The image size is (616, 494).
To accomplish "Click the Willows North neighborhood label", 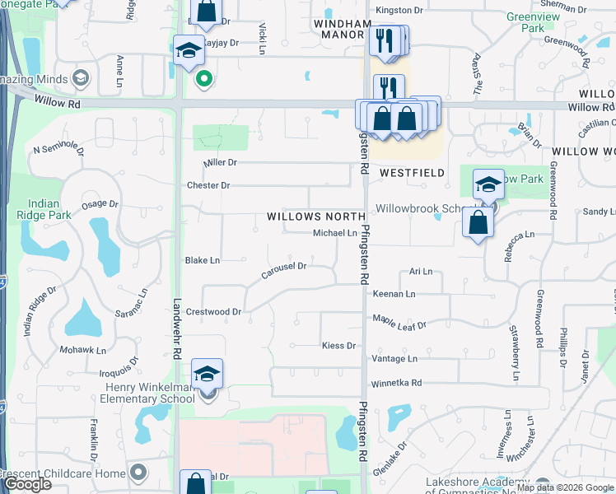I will [x=315, y=217].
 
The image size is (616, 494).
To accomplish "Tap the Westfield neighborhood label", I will [x=412, y=174].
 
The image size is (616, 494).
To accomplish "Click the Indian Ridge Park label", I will [x=44, y=209].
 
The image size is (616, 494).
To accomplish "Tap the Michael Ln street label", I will [x=334, y=234].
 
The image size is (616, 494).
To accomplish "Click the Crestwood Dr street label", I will [x=212, y=312].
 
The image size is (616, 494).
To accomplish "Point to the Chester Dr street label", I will [x=208, y=185].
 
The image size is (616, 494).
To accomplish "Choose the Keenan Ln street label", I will [x=394, y=293].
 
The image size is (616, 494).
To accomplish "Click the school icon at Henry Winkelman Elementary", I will [x=208, y=373].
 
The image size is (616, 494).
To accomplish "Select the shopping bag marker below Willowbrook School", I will [x=478, y=222].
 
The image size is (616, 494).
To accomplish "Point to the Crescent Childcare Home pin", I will [x=138, y=473].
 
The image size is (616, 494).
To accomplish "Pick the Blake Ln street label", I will [x=203, y=260].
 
